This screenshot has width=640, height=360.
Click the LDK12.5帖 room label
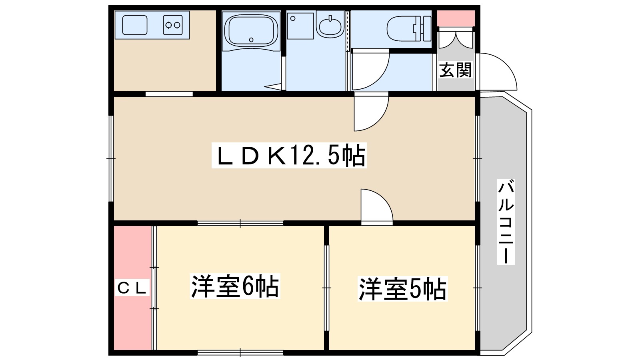[x=289, y=155]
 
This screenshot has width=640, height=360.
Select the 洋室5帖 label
[x=402, y=289]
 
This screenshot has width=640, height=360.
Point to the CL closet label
[x=132, y=288]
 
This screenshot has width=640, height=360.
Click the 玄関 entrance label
[x=455, y=70]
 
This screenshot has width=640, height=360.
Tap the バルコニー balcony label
[x=506, y=222]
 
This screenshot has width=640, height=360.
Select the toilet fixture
[x=409, y=28]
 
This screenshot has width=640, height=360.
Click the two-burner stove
[x=173, y=25]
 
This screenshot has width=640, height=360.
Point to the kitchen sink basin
[x=135, y=25]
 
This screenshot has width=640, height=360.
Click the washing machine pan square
[x=300, y=26]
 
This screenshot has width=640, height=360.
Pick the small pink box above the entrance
[x=456, y=18]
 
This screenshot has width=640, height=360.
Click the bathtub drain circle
[x=251, y=40]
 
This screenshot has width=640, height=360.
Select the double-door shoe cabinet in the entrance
[x=456, y=38]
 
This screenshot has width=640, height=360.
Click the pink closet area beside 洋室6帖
[x=132, y=288]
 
